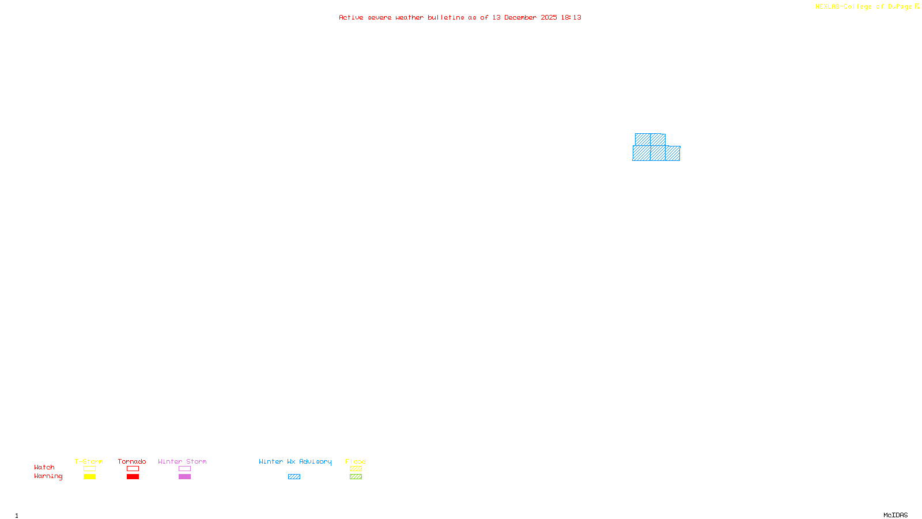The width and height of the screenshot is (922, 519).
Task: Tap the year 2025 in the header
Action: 549,18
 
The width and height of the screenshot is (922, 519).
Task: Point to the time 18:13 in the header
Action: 571,18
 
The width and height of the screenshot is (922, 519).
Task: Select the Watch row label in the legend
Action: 44,468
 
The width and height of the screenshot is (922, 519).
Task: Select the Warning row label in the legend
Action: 48,476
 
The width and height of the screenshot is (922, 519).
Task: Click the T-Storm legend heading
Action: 89,461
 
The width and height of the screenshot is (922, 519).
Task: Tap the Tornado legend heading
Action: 132,461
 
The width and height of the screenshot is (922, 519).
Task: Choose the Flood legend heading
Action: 356,461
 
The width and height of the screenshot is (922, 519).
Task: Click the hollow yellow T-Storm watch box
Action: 89,469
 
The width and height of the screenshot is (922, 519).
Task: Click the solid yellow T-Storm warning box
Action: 89,477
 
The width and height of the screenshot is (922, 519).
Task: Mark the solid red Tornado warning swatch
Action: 133,477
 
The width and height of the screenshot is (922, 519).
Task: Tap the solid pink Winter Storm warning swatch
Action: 184,477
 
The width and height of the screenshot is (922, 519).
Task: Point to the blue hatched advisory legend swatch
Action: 294,477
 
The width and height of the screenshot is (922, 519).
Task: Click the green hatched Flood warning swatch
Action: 356,477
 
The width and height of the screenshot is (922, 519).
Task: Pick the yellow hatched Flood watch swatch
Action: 356,469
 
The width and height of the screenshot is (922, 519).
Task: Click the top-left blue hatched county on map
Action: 643,140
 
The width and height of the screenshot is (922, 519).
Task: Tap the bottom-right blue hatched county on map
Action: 672,153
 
